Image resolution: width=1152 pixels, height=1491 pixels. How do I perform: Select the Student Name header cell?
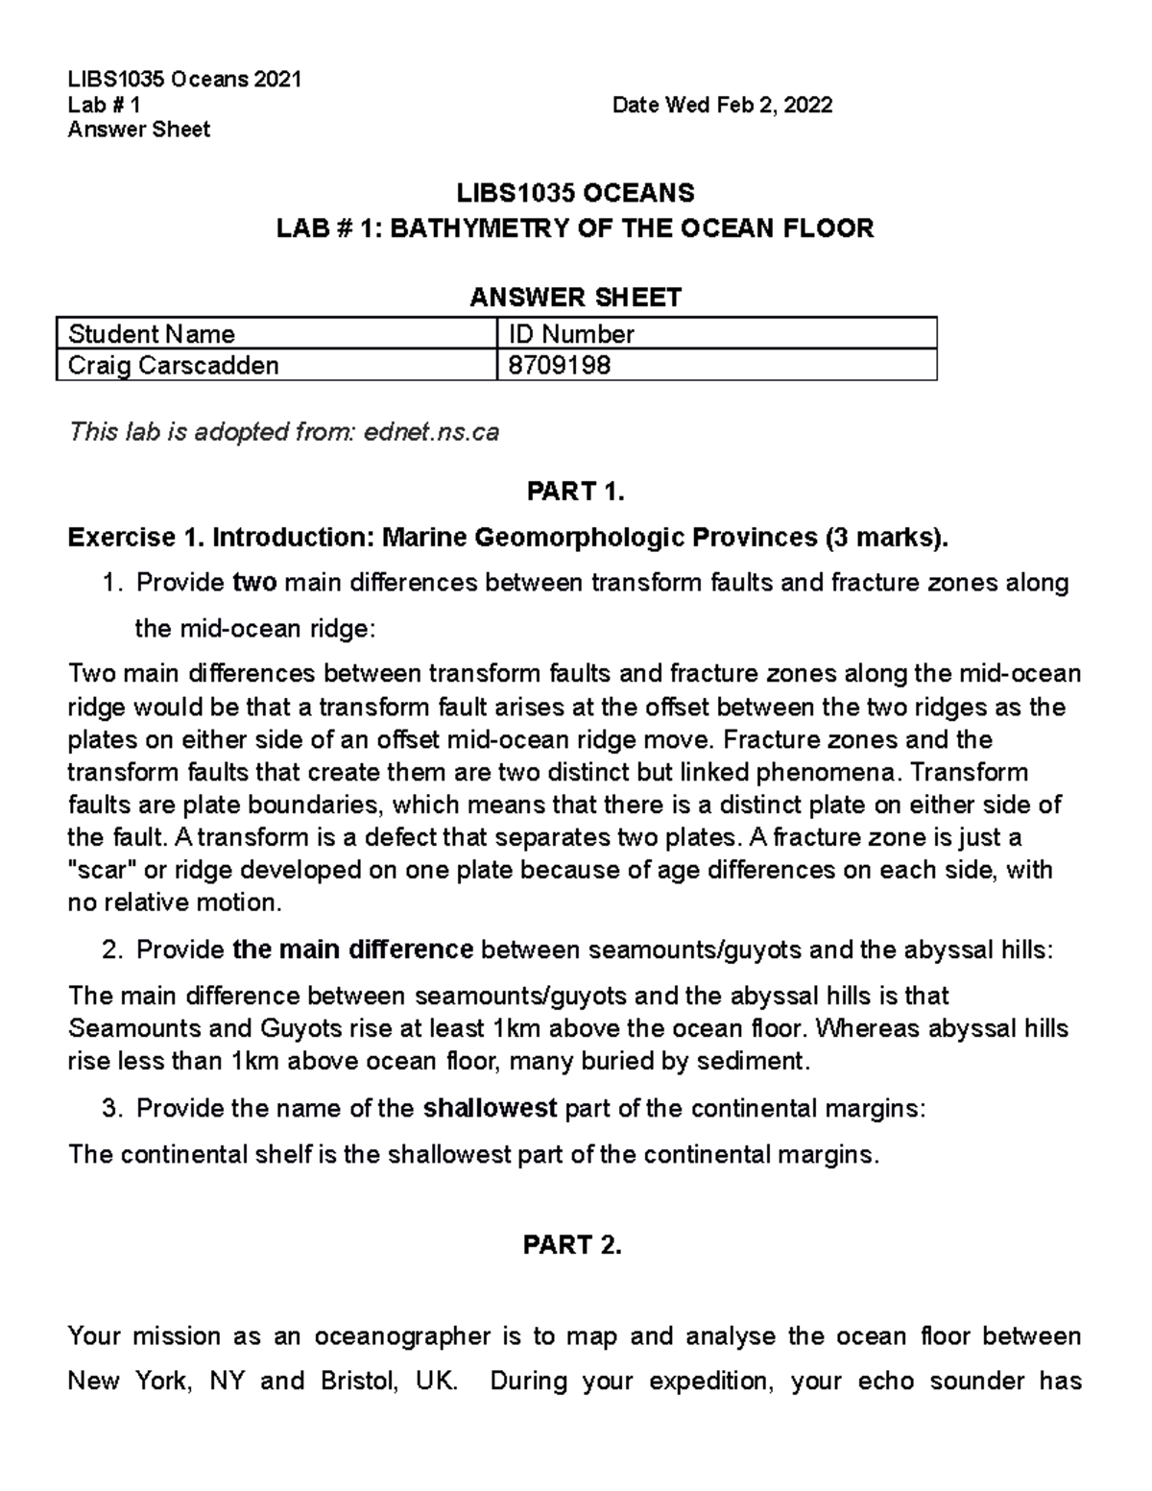click(x=152, y=334)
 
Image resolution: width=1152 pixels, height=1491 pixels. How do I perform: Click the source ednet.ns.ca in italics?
click(x=432, y=432)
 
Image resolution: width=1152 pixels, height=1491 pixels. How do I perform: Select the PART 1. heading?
click(x=575, y=493)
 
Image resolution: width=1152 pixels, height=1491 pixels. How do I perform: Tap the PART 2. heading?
click(x=572, y=1245)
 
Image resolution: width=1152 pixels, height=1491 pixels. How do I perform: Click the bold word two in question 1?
click(x=255, y=584)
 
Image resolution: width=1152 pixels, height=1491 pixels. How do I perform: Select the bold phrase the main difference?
click(x=352, y=950)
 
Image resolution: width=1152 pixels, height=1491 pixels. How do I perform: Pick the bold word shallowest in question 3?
click(x=490, y=1109)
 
